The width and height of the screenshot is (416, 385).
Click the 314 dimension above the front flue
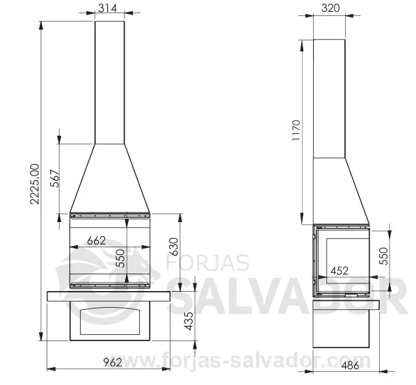(107, 8)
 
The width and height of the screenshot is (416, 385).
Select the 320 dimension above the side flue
(330, 8)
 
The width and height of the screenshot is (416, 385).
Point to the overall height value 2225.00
(35, 184)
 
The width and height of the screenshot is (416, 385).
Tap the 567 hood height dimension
(56, 178)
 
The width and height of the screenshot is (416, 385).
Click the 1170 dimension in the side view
(296, 130)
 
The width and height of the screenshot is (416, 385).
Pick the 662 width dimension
(96, 241)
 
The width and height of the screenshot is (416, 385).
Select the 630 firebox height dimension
(174, 246)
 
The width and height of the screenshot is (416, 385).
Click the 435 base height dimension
(189, 321)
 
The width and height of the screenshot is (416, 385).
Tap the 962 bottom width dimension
(113, 362)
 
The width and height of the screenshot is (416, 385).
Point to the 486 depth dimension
(350, 366)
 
